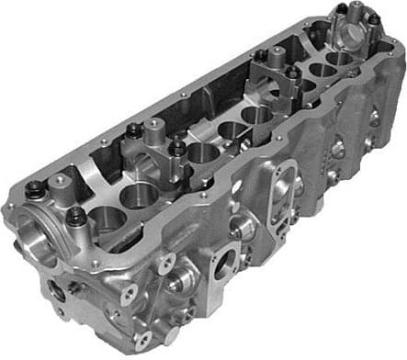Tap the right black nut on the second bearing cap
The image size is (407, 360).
click(175, 146)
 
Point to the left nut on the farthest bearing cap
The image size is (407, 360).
click(341, 8)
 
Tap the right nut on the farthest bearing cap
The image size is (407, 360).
click(375, 19)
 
